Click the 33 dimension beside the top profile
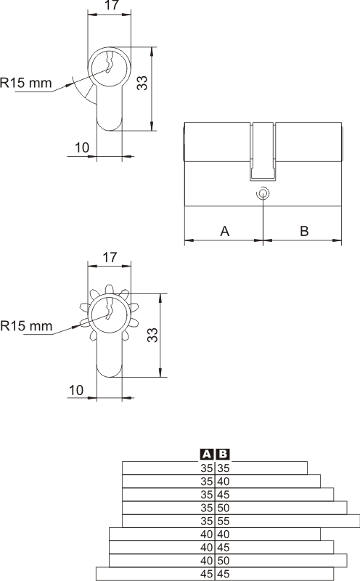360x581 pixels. (x=142, y=83)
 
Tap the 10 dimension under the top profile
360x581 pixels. (x=82, y=147)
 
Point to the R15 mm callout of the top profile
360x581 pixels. (x=26, y=83)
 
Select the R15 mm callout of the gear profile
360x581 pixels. (x=26, y=326)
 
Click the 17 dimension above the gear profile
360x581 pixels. (x=110, y=257)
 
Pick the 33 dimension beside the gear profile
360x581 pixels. (x=152, y=335)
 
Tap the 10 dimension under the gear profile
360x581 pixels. (x=76, y=390)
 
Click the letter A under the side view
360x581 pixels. (x=225, y=231)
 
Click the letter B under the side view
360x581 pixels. (x=304, y=231)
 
